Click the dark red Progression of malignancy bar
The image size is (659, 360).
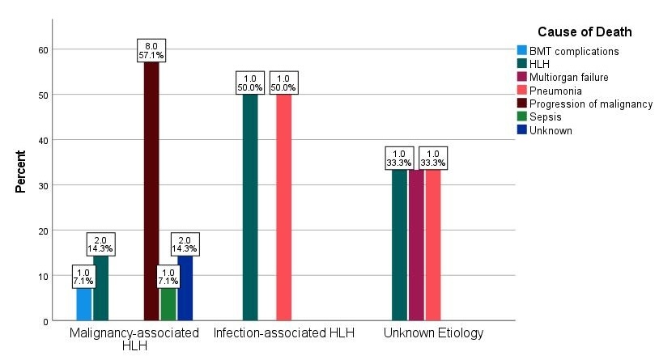[x=151, y=191]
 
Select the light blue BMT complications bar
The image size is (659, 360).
[x=84, y=304]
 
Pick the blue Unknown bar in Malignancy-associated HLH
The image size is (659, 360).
[x=185, y=288]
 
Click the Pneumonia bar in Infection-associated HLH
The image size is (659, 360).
[x=283, y=207]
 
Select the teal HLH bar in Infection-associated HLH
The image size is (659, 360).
[x=250, y=207]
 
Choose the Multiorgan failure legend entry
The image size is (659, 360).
[x=568, y=77]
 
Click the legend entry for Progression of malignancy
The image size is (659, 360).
[x=590, y=104]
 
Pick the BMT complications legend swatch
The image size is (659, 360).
[x=522, y=51]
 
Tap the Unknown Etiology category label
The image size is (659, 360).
[x=433, y=332]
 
